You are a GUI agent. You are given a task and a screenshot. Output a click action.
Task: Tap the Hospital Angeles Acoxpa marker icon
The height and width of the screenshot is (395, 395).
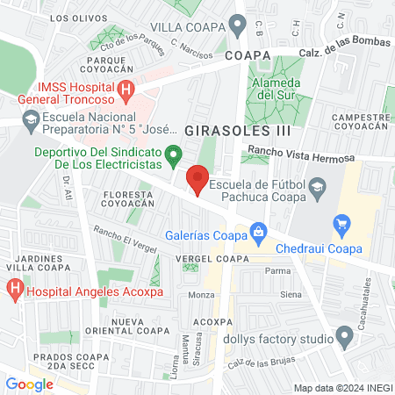(15, 287)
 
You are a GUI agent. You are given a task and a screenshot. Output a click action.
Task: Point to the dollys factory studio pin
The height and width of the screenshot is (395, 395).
(344, 337)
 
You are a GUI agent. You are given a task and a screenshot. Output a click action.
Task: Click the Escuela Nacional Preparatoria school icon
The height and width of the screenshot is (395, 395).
(30, 119)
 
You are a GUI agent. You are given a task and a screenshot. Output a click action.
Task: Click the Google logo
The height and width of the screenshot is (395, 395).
(29, 384)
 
